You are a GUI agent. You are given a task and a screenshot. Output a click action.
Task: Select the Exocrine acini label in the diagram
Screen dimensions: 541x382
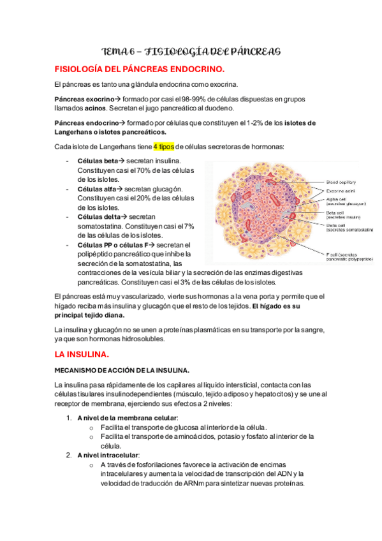coord(342,191)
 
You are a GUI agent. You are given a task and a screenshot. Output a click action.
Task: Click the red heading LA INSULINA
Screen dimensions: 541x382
coord(82,353)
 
